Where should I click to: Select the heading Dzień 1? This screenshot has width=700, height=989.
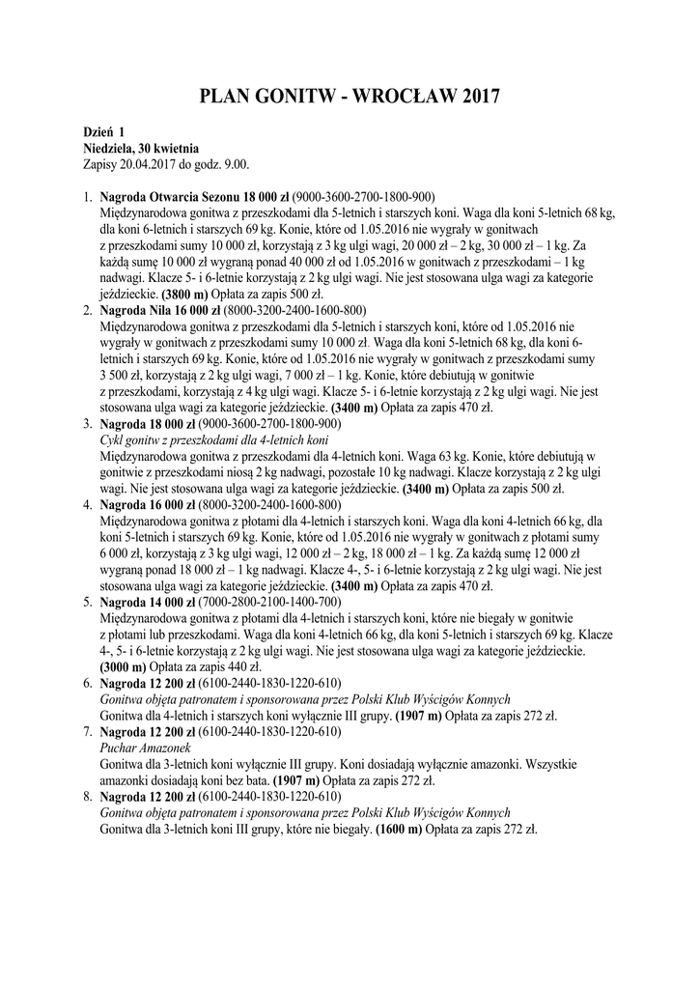104,131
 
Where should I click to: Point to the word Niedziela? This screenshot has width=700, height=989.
112,148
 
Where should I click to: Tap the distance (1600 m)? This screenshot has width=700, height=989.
399,829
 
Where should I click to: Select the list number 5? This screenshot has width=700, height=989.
87,603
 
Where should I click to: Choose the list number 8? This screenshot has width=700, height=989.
87,797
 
